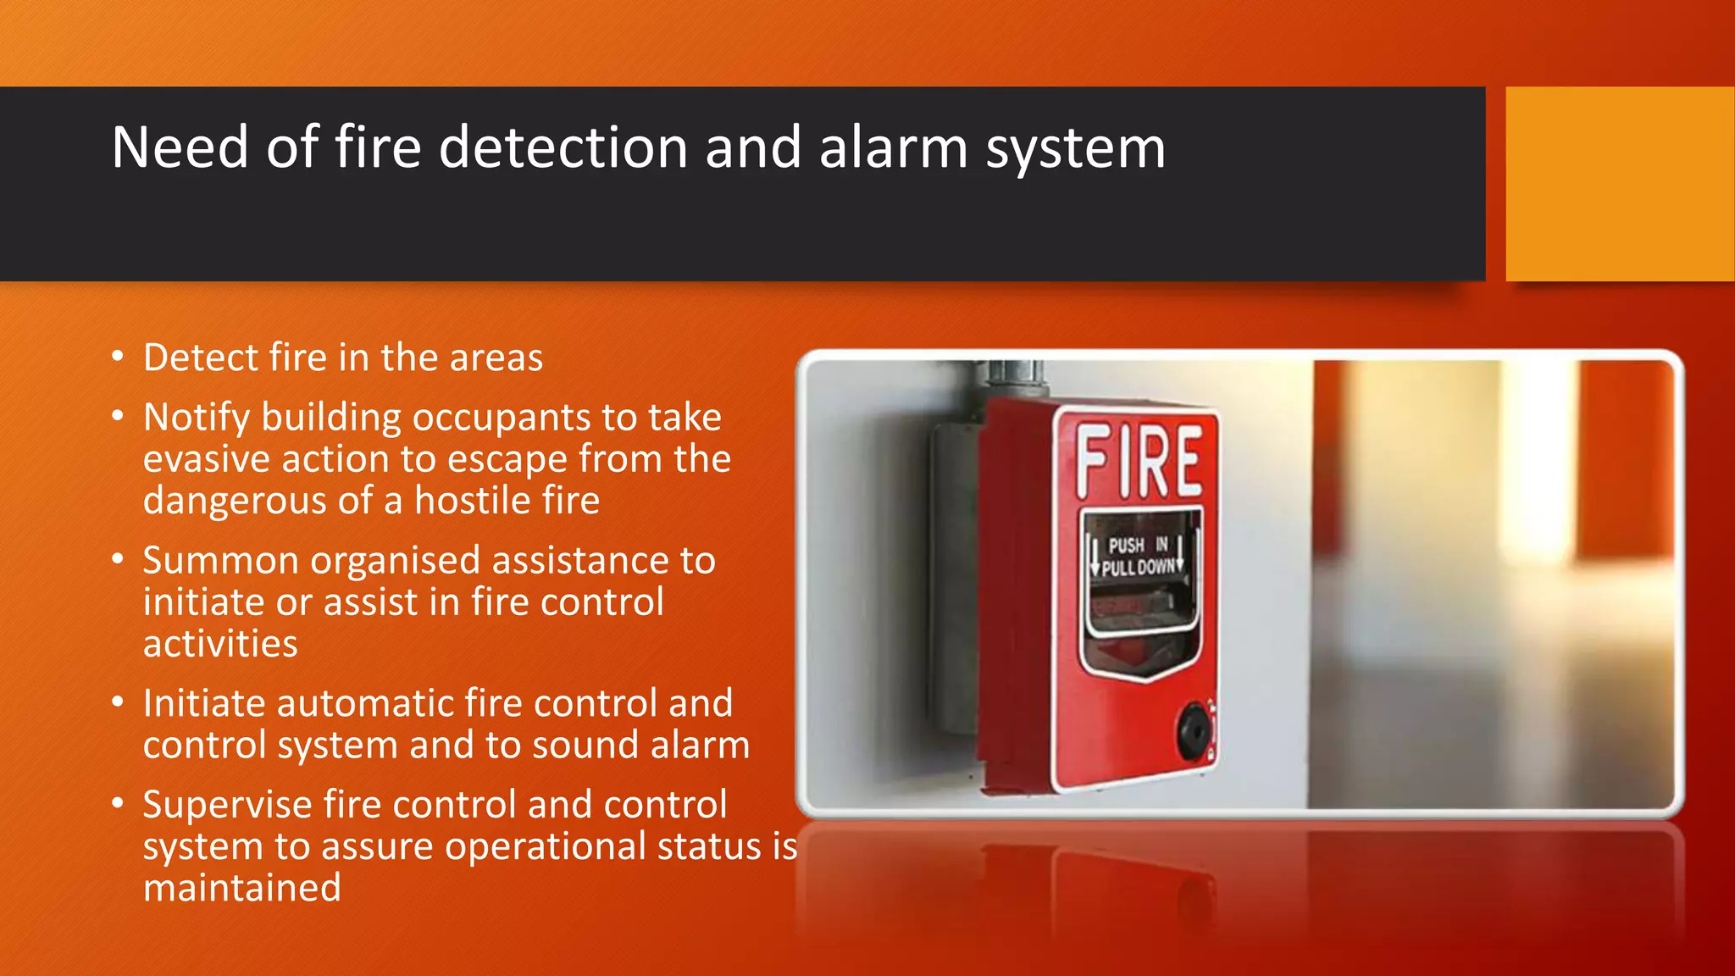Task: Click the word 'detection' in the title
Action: click(563, 147)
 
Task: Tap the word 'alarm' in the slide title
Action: click(893, 147)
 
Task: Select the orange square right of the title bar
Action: click(1620, 184)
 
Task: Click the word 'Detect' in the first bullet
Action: click(200, 358)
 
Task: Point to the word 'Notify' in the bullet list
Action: click(197, 418)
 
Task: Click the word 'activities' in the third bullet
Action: click(220, 644)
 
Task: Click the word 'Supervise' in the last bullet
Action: click(223, 805)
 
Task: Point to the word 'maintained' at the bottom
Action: click(241, 888)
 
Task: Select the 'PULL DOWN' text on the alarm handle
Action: click(1139, 567)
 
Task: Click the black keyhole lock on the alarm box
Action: click(1193, 729)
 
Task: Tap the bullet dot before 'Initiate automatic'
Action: click(118, 701)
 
